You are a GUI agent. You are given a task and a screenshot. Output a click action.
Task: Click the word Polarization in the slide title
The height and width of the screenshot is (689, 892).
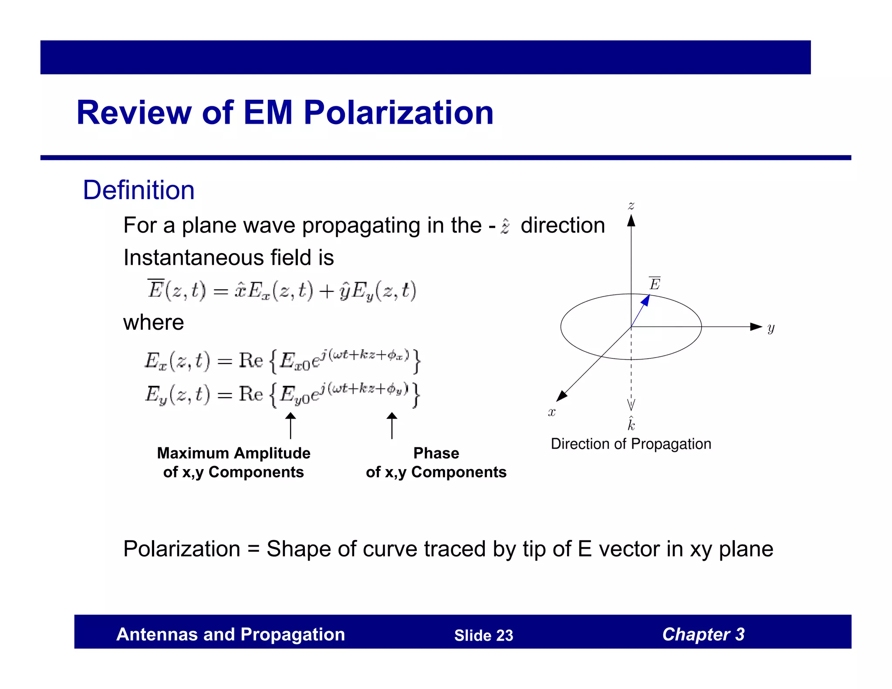click(x=399, y=113)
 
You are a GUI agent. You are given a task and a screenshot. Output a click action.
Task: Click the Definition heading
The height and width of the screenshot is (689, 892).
click(x=139, y=190)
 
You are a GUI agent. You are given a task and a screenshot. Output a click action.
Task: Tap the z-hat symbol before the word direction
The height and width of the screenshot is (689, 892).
click(x=505, y=226)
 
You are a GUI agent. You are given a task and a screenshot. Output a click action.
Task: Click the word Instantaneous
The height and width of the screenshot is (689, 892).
click(x=193, y=257)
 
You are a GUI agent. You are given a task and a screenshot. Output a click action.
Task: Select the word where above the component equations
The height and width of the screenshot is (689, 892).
click(x=153, y=323)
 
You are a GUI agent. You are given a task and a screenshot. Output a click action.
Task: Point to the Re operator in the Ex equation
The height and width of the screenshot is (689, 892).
click(x=251, y=361)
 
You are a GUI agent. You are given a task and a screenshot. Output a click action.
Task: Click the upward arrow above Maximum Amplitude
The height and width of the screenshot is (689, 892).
click(x=291, y=426)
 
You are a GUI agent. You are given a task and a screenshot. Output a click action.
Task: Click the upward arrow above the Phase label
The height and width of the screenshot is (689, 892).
click(x=392, y=426)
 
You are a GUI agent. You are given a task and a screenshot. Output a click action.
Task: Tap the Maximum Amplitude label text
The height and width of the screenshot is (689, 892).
click(x=233, y=453)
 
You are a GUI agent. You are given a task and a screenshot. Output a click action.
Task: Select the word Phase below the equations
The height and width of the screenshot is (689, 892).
click(x=436, y=453)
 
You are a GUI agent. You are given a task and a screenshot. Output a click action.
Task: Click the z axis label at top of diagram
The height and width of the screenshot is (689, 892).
click(x=631, y=206)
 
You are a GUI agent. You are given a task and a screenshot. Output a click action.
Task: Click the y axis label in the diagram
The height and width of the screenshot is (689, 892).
click(x=771, y=328)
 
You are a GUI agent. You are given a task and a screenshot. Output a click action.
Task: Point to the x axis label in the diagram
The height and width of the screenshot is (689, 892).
click(x=552, y=412)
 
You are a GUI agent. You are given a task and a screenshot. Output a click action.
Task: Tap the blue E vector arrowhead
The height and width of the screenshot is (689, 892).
click(x=646, y=300)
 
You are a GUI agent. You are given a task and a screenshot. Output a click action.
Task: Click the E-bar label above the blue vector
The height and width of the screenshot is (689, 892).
click(x=655, y=284)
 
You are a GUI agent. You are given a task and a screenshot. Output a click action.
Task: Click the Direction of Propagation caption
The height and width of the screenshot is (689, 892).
click(x=631, y=444)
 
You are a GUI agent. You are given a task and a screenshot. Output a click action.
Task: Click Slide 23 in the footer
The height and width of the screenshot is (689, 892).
click(x=483, y=635)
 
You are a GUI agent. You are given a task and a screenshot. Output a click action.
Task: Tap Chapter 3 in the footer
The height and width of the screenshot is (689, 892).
click(x=703, y=635)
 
